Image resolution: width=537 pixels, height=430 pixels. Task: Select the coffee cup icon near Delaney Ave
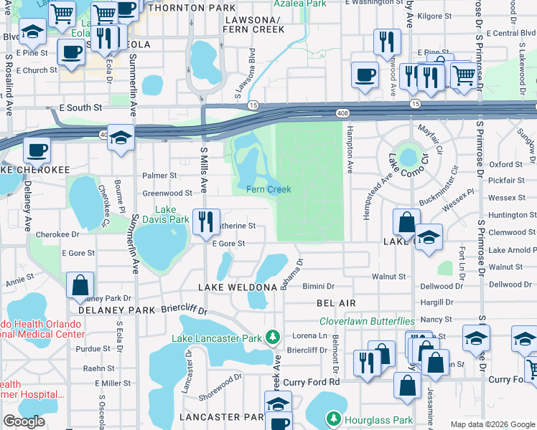click(36, 151)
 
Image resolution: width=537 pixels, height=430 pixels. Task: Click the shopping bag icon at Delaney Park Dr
click(80, 285)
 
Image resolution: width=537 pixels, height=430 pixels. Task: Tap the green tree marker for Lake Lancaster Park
click(272, 336)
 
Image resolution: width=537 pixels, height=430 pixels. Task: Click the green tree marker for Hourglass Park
click(333, 417)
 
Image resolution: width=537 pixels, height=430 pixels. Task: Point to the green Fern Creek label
click(268, 189)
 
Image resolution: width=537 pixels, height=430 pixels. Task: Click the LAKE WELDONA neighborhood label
click(238, 287)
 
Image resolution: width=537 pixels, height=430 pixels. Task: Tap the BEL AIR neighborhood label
click(337, 304)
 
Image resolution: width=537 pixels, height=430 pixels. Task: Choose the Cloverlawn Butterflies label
click(367, 322)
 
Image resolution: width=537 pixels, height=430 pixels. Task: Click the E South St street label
click(80, 107)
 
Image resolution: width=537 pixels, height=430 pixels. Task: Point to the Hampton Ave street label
click(350, 151)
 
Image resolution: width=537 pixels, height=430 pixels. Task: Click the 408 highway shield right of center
click(343, 113)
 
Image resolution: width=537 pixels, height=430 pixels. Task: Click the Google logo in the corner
click(24, 421)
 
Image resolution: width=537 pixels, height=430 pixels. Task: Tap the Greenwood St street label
click(167, 193)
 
